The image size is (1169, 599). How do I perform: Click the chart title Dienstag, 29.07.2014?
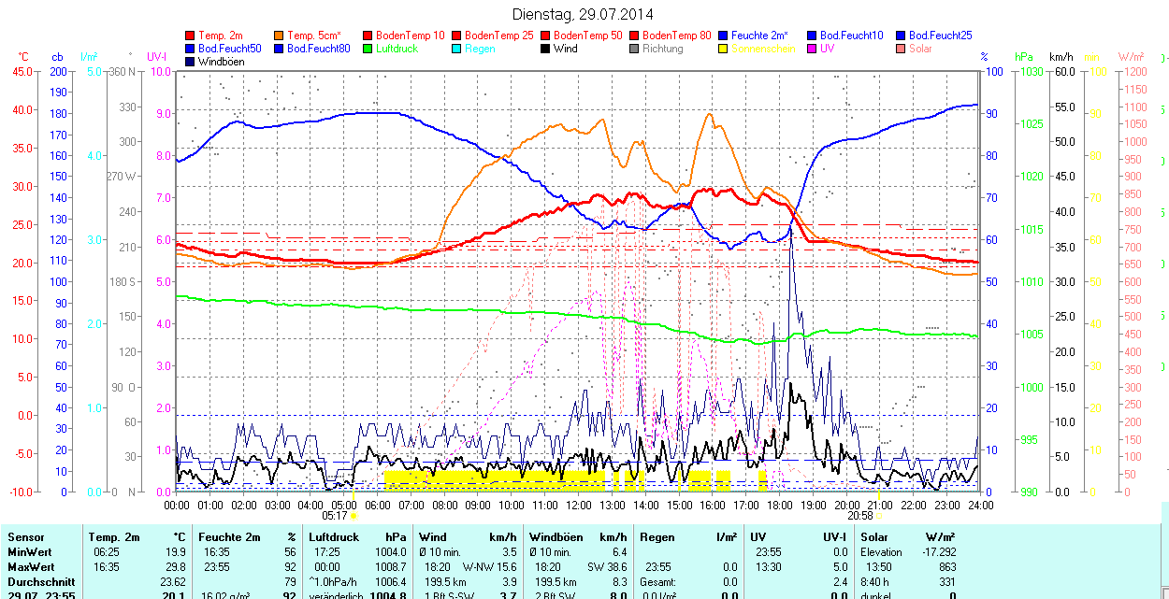[x=584, y=14]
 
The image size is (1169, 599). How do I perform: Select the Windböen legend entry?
[x=219, y=62]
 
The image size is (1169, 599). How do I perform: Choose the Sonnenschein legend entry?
[x=763, y=49]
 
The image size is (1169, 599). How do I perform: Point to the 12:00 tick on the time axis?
[x=579, y=506]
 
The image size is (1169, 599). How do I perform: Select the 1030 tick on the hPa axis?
[x=1032, y=71]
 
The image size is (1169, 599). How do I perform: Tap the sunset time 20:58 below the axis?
[x=860, y=515]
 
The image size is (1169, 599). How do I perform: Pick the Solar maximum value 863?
[x=945, y=567]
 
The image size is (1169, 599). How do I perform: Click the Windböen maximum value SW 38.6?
[x=607, y=567]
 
